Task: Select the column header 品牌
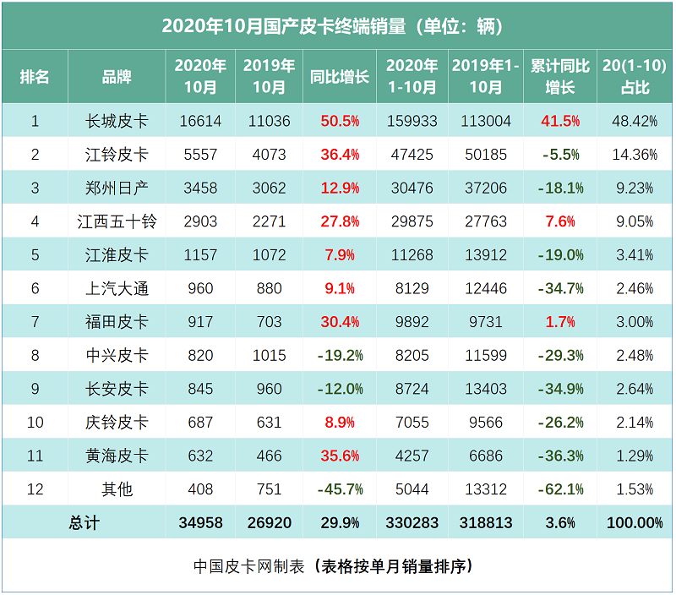coord(117,76)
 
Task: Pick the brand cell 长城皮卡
coord(117,121)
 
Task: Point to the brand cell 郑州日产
coord(117,188)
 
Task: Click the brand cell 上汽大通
coord(117,288)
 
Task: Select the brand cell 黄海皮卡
coord(117,456)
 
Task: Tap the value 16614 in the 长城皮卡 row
coord(200,121)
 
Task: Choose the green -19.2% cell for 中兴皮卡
coord(340,355)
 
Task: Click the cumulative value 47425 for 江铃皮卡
coord(411,155)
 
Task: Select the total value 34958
coord(200,523)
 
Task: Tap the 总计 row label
coord(84,523)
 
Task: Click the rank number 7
coord(35,322)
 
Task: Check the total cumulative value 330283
coord(411,523)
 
